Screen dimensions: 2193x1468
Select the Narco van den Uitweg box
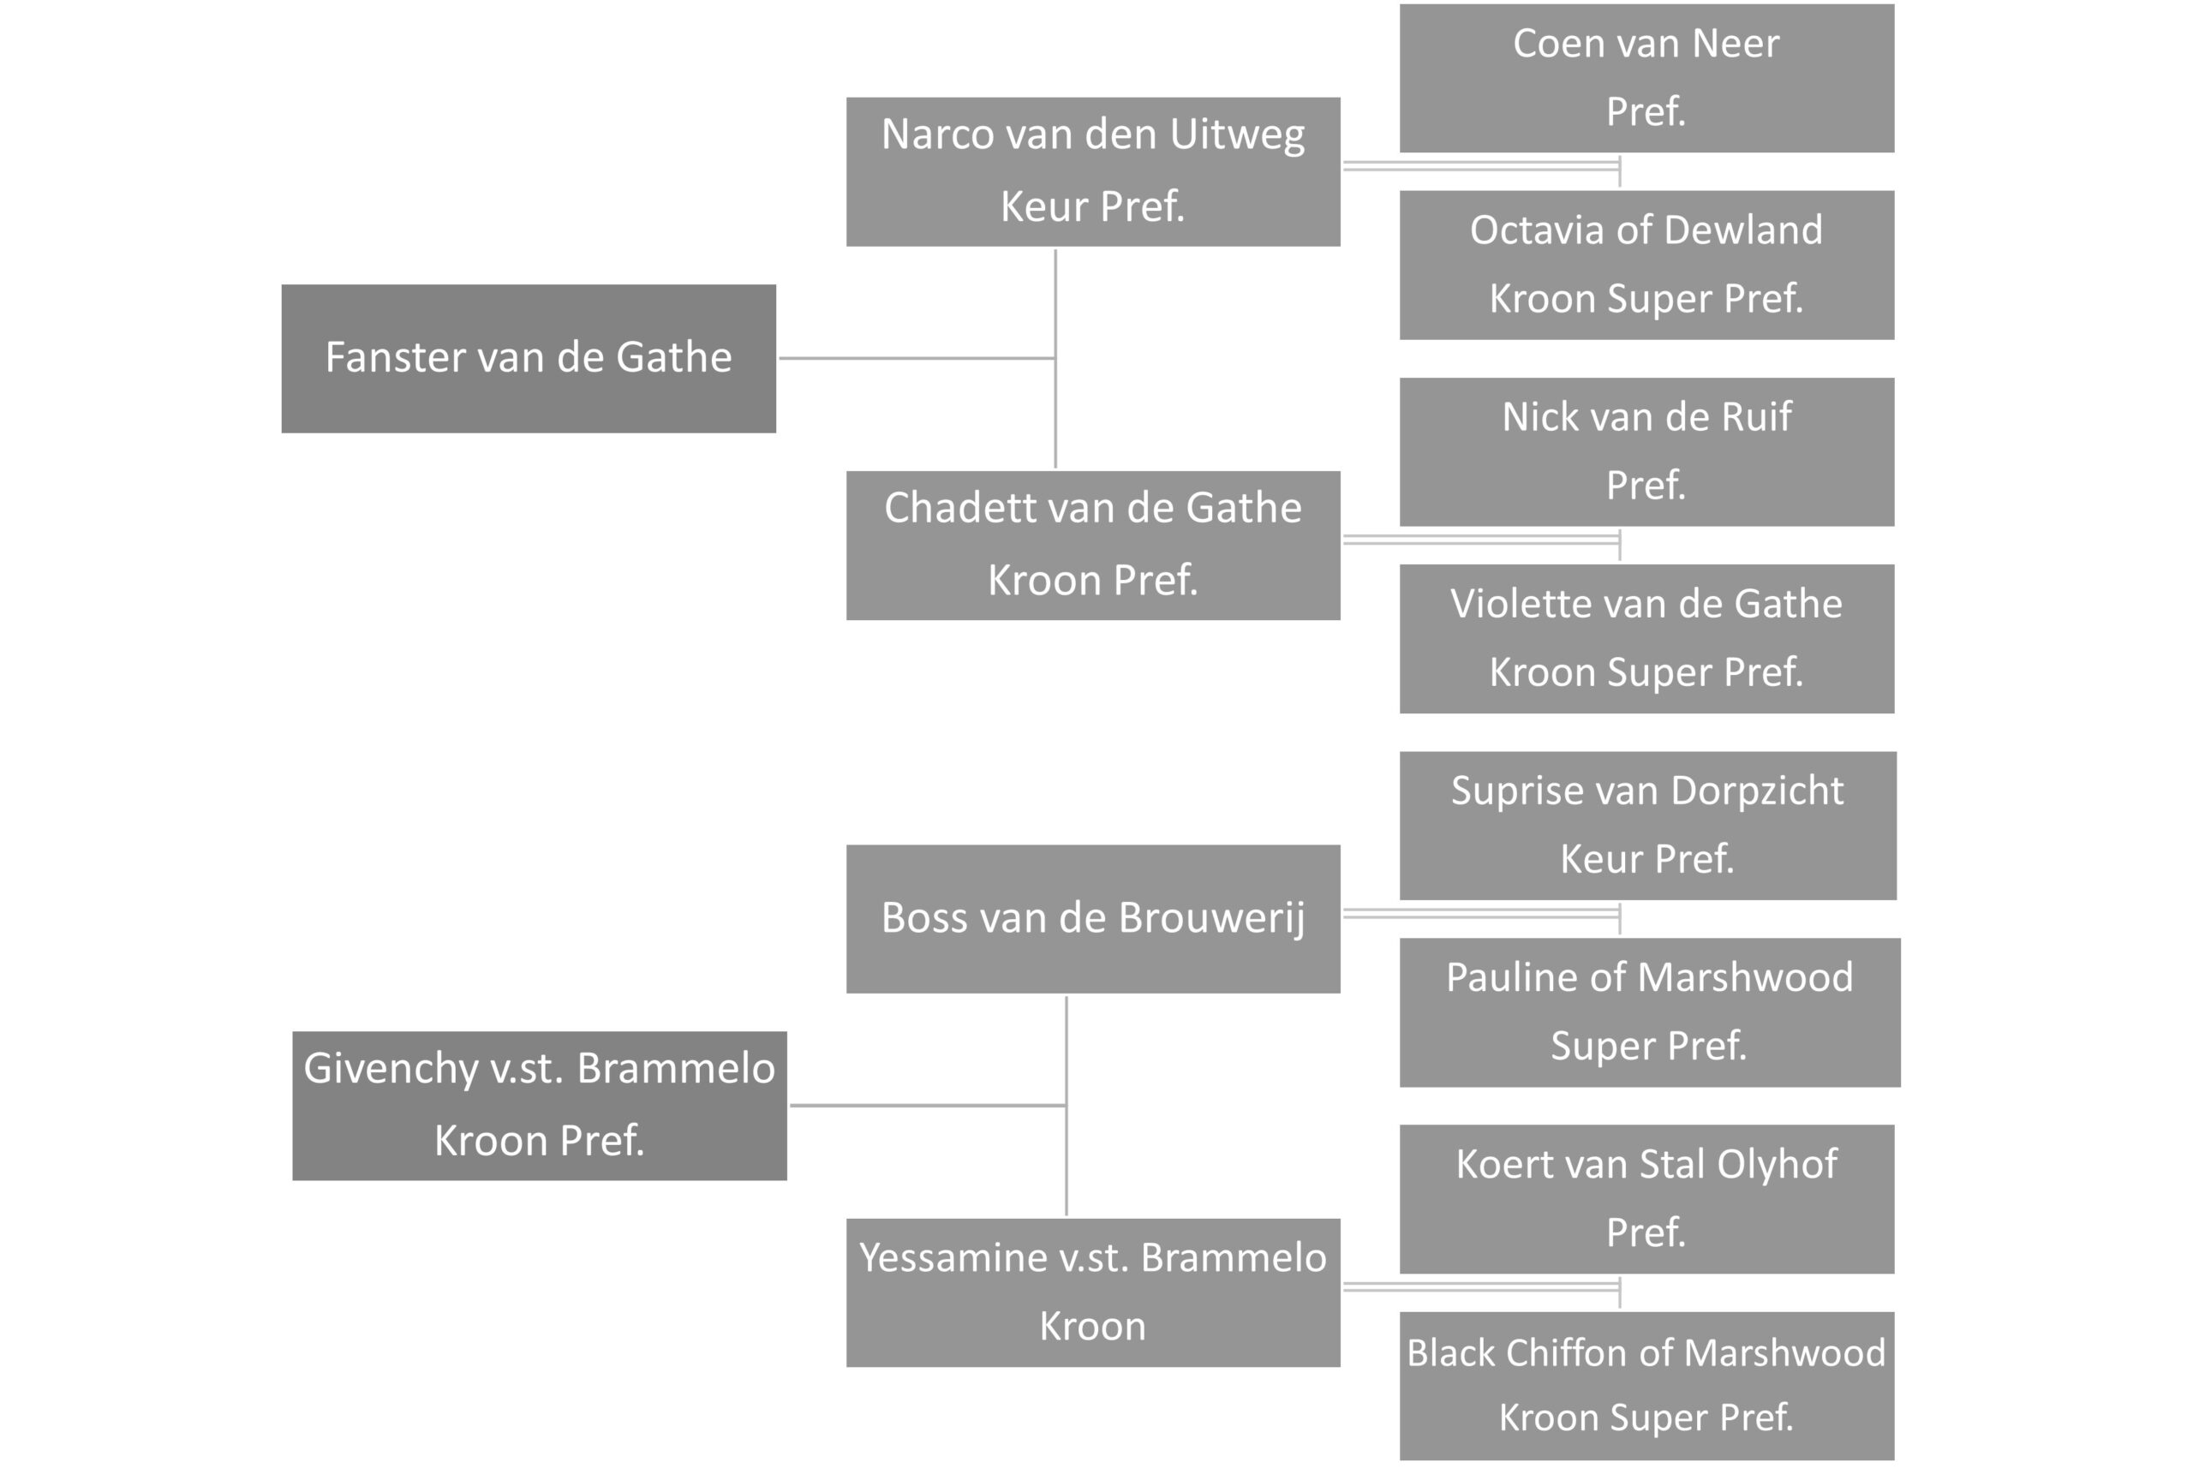pyautogui.click(x=1093, y=171)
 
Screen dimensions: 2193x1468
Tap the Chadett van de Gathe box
pyautogui.click(x=1093, y=545)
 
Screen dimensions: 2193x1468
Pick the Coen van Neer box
pyautogui.click(x=1646, y=78)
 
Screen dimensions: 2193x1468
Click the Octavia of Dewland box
pyautogui.click(x=1646, y=265)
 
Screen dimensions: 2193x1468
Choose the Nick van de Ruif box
pyautogui.click(x=1646, y=451)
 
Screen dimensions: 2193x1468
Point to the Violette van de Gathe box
pyautogui.click(x=1646, y=639)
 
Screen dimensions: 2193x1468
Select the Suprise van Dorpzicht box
pyautogui.click(x=1648, y=825)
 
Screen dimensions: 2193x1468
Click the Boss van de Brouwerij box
pyautogui.click(x=1093, y=918)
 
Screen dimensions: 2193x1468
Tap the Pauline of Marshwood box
pyautogui.click(x=1650, y=1012)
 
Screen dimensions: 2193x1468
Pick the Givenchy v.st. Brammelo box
pyautogui.click(x=540, y=1106)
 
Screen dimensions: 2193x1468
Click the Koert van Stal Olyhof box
pyautogui.click(x=1646, y=1198)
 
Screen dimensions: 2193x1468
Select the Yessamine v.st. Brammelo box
pyautogui.click(x=1093, y=1292)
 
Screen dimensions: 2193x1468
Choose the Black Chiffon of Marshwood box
pyautogui.click(x=1646, y=1386)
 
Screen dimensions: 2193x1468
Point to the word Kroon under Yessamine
pyautogui.click(x=1093, y=1327)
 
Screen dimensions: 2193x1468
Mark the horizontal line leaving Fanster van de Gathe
pyautogui.click(x=917, y=358)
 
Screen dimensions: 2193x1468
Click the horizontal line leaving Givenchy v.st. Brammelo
pyautogui.click(x=929, y=1106)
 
